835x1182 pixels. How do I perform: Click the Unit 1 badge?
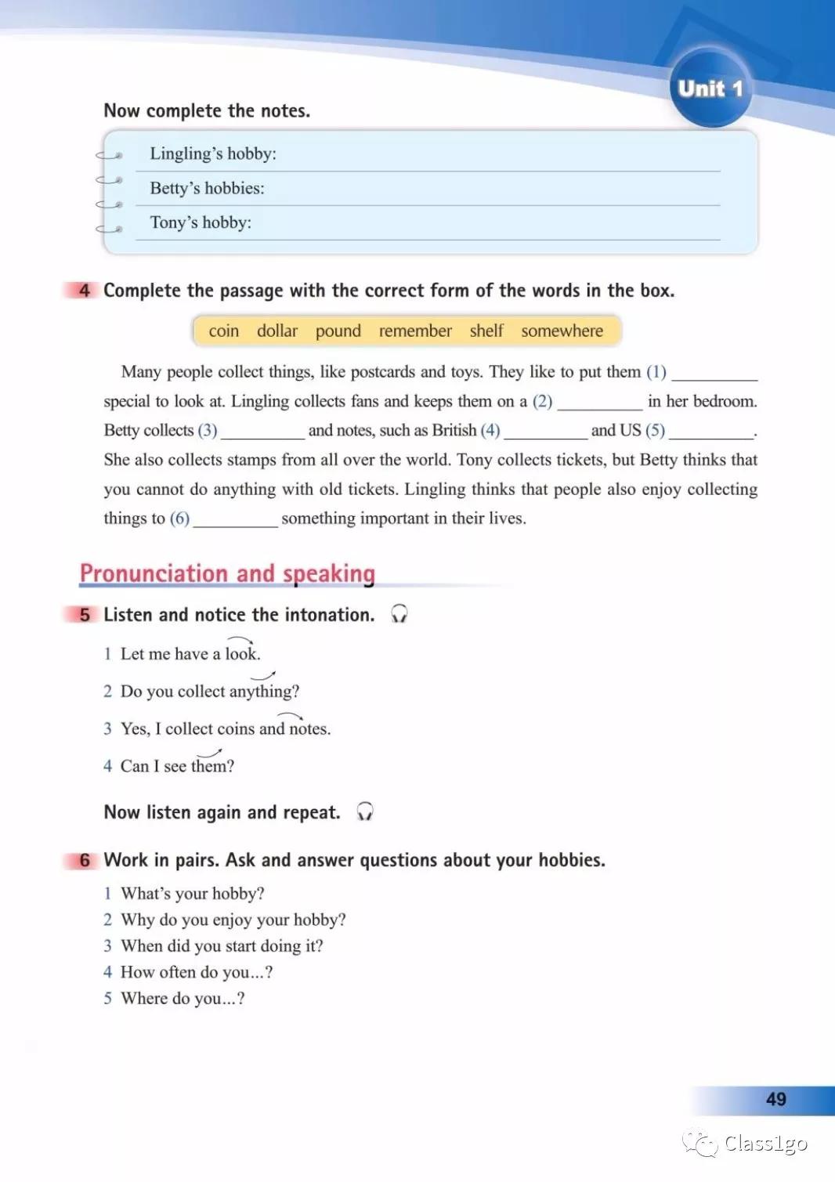click(x=710, y=88)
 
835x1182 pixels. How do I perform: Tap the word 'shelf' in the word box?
click(x=486, y=331)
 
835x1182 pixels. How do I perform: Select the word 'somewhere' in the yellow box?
click(x=562, y=331)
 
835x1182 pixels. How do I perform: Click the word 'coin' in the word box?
click(x=223, y=331)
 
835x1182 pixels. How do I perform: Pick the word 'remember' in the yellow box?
click(x=415, y=331)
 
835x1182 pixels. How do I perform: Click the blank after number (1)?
click(x=714, y=374)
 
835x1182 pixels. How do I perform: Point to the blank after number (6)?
click(x=236, y=520)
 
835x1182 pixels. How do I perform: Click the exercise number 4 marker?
click(x=84, y=291)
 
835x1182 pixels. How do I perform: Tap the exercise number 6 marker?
click(x=84, y=860)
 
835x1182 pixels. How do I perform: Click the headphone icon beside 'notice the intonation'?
click(x=399, y=613)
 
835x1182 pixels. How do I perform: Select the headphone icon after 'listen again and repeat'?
click(x=365, y=811)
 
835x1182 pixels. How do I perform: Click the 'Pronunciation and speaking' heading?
click(x=227, y=573)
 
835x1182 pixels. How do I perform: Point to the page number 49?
click(x=775, y=1099)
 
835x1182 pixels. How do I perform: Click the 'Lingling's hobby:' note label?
click(x=213, y=154)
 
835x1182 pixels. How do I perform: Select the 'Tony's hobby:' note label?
click(x=201, y=222)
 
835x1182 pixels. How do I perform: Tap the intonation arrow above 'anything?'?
click(x=263, y=675)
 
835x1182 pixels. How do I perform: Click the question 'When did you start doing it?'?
click(x=222, y=945)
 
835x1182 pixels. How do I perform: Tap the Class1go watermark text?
click(x=765, y=1144)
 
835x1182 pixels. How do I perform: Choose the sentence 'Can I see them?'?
click(x=177, y=766)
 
